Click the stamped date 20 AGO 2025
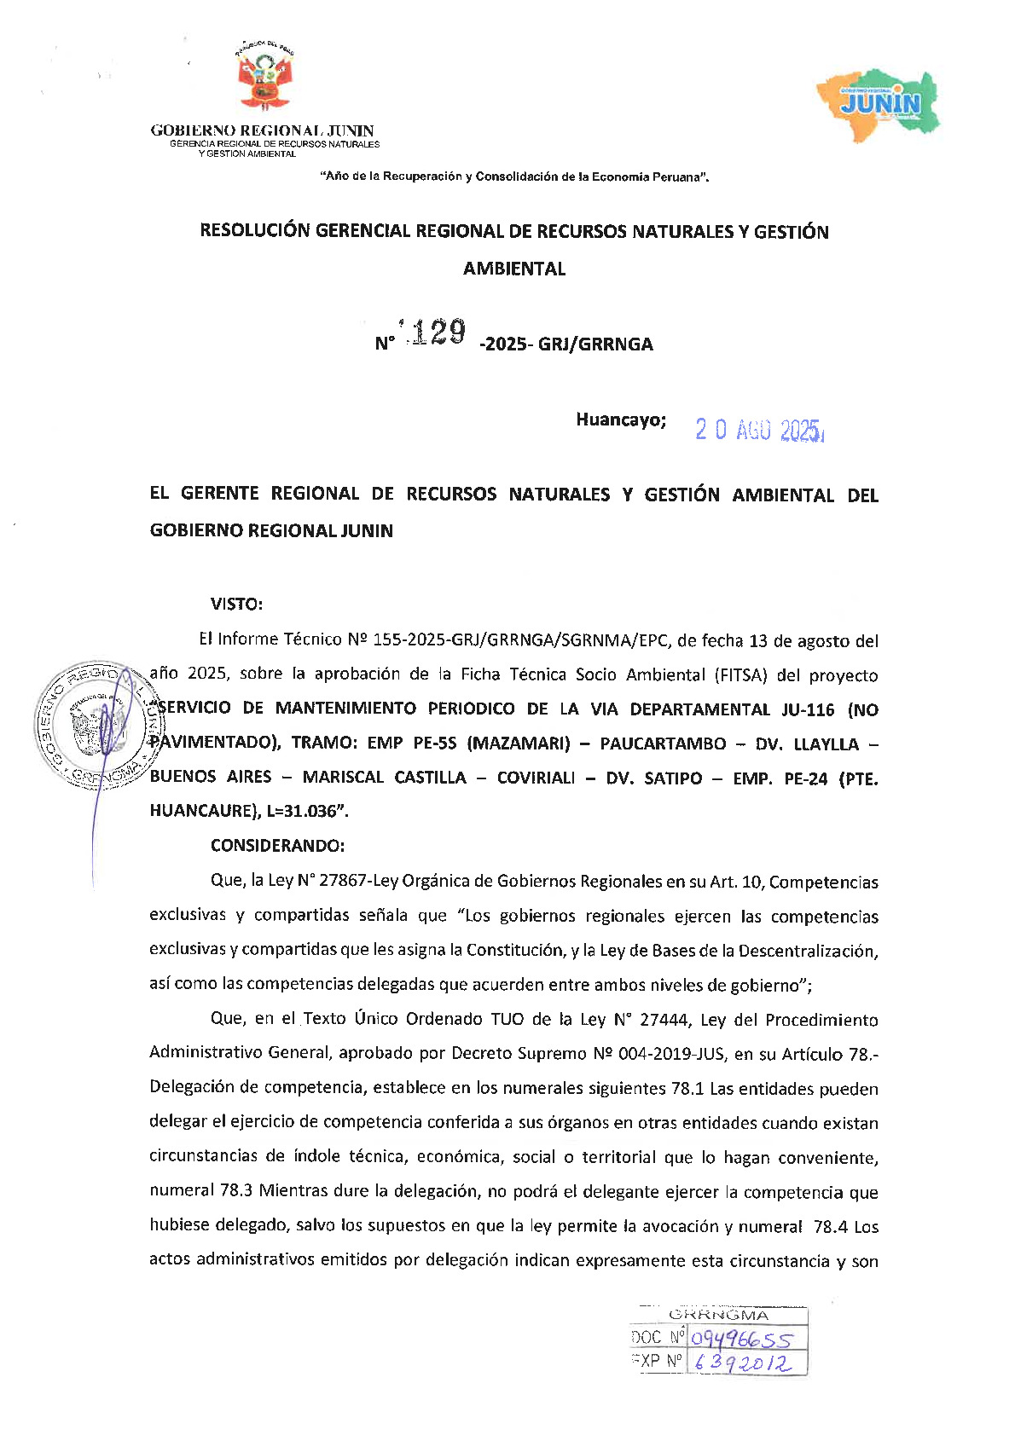758,430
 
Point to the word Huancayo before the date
620,420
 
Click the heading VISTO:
236,604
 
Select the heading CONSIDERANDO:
277,845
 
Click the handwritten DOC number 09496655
741,1340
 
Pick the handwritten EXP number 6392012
741,1363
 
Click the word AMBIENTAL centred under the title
514,269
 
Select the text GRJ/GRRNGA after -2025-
595,344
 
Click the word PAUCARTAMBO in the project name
663,744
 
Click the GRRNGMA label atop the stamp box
718,1315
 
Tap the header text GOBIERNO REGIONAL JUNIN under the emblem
262,130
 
